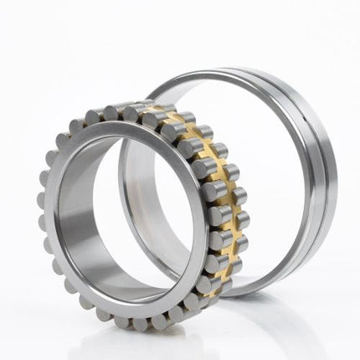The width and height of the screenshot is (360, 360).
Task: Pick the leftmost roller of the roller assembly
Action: pyautogui.click(x=42, y=201)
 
